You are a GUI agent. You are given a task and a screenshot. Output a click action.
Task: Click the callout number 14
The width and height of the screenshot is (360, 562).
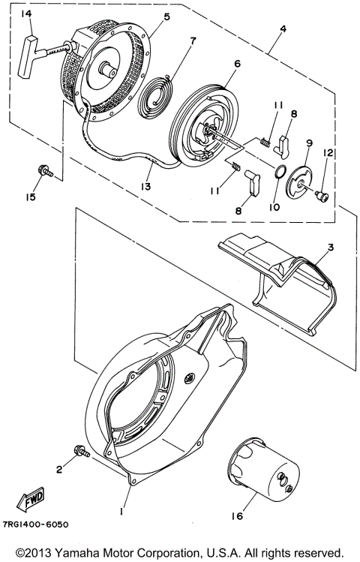(26, 14)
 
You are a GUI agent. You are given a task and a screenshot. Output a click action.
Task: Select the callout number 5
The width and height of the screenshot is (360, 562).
(166, 17)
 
